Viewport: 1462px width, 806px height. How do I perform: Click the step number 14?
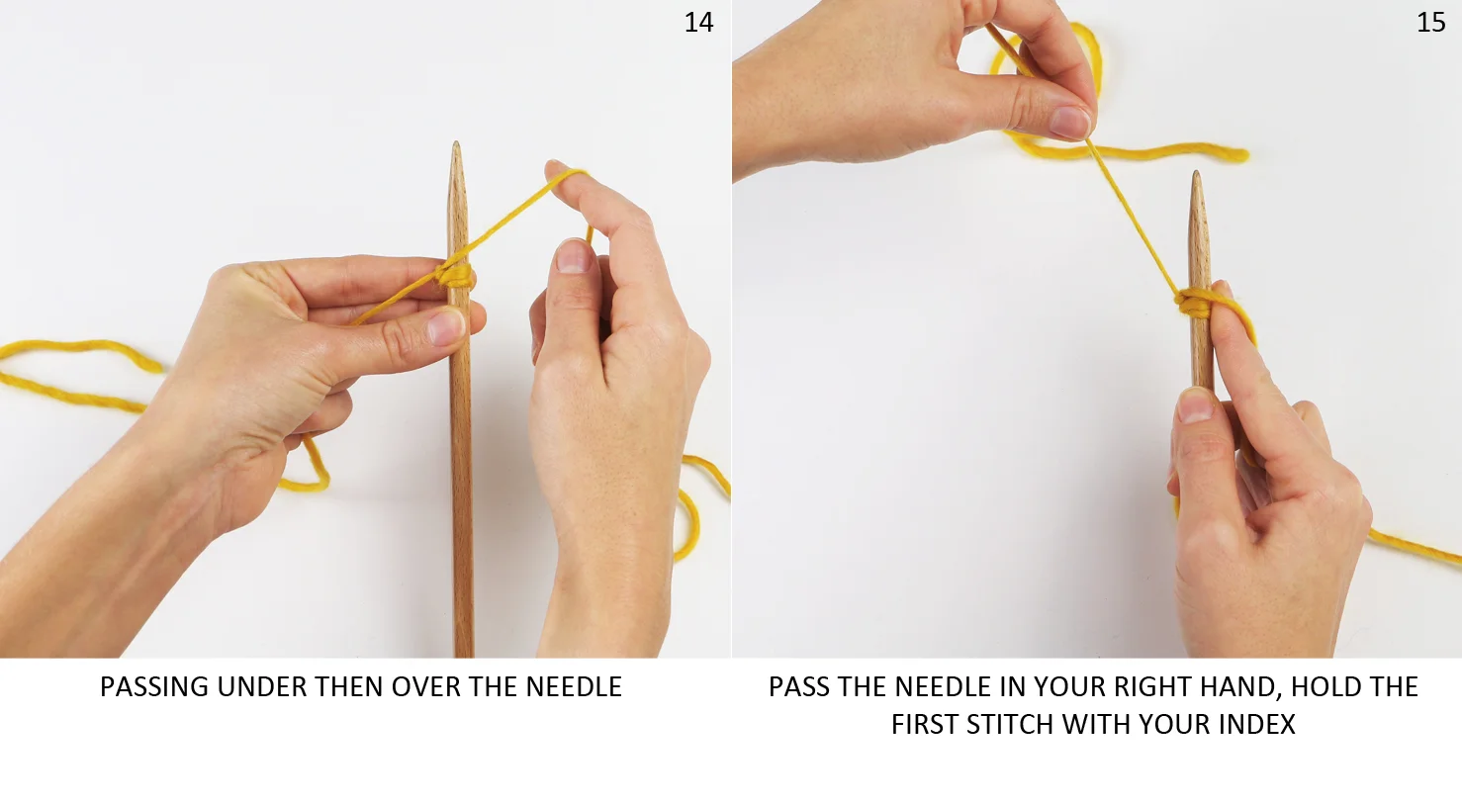[x=698, y=23]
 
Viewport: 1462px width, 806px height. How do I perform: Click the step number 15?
[x=1430, y=23]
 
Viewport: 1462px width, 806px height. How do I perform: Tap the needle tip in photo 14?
[x=456, y=143]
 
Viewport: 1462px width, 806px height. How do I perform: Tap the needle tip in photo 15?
[x=1196, y=174]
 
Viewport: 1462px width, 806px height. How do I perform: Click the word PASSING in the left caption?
[x=154, y=687]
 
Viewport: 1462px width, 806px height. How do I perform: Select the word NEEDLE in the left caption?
[x=574, y=687]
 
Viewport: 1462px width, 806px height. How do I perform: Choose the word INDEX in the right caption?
[x=1256, y=725]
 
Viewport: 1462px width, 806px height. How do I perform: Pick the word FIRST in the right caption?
[x=925, y=725]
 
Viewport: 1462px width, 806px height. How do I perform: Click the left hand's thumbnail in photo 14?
[x=448, y=326]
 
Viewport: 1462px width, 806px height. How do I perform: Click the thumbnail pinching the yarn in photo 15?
[x=1070, y=122]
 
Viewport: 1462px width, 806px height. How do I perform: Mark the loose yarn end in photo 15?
[x=1240, y=155]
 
